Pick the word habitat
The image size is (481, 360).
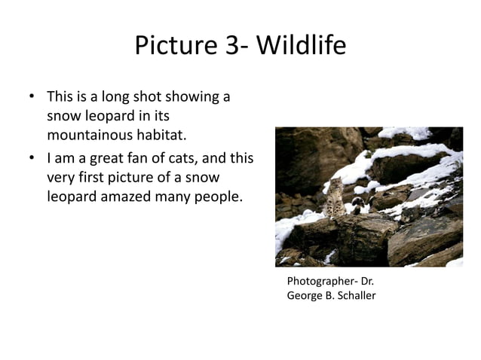pos(160,136)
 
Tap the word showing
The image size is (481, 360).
pos(190,97)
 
